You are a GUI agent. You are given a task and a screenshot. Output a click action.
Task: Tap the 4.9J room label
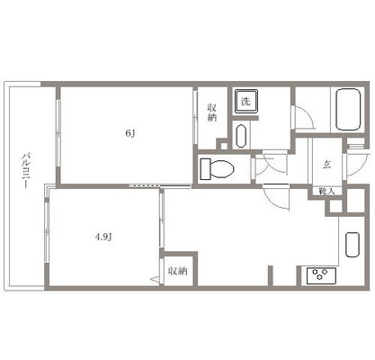point(105,238)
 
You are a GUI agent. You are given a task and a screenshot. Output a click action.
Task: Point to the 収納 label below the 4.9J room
point(176,271)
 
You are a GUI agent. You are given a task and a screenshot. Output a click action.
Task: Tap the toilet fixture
point(216,168)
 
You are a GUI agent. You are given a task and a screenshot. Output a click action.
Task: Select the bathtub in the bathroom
point(346,112)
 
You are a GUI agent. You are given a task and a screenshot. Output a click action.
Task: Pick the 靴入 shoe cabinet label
point(326,193)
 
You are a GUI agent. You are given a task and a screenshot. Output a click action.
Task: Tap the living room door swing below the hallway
point(276,195)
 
